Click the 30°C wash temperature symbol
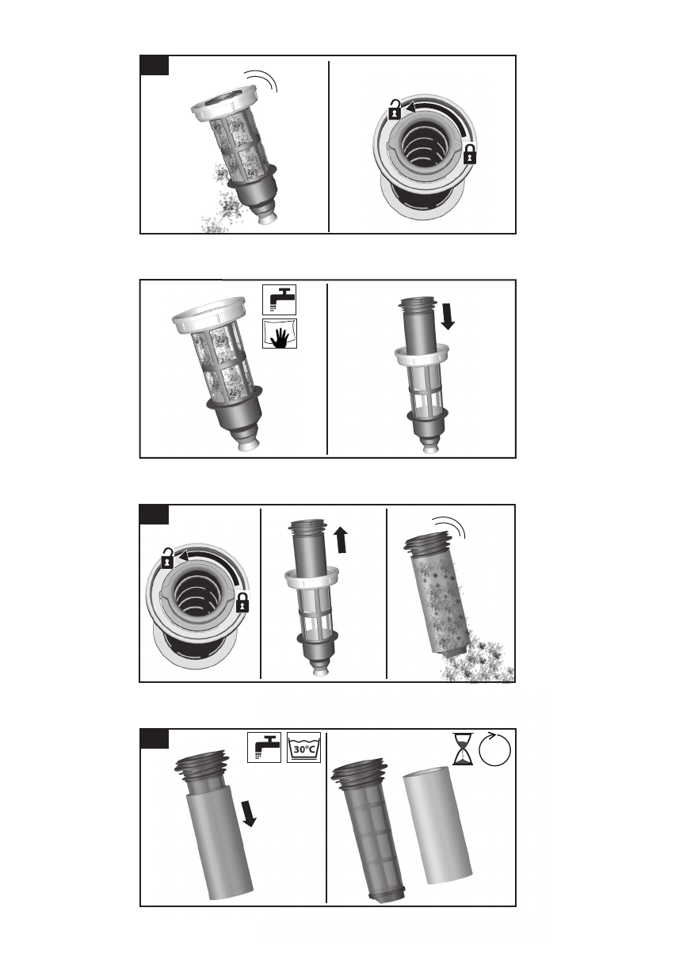point(304,747)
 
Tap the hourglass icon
point(463,749)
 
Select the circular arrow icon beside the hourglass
point(494,749)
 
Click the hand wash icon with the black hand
point(279,334)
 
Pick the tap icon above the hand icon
point(279,299)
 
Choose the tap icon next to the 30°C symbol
point(265,747)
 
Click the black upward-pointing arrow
point(341,540)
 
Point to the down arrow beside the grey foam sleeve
point(249,814)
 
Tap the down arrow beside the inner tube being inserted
point(448,317)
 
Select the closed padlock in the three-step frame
point(242,602)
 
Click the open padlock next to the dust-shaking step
point(395,109)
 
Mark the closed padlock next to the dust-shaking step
point(470,154)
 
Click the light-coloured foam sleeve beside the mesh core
point(437,825)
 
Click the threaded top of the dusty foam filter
point(427,542)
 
